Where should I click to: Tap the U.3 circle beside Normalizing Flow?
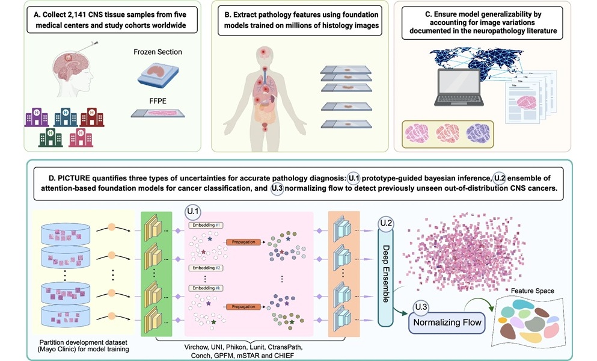tap(420, 309)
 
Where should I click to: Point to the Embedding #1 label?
tap(206, 226)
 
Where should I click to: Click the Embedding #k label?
tap(206, 289)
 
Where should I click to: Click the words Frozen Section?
tap(157, 52)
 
